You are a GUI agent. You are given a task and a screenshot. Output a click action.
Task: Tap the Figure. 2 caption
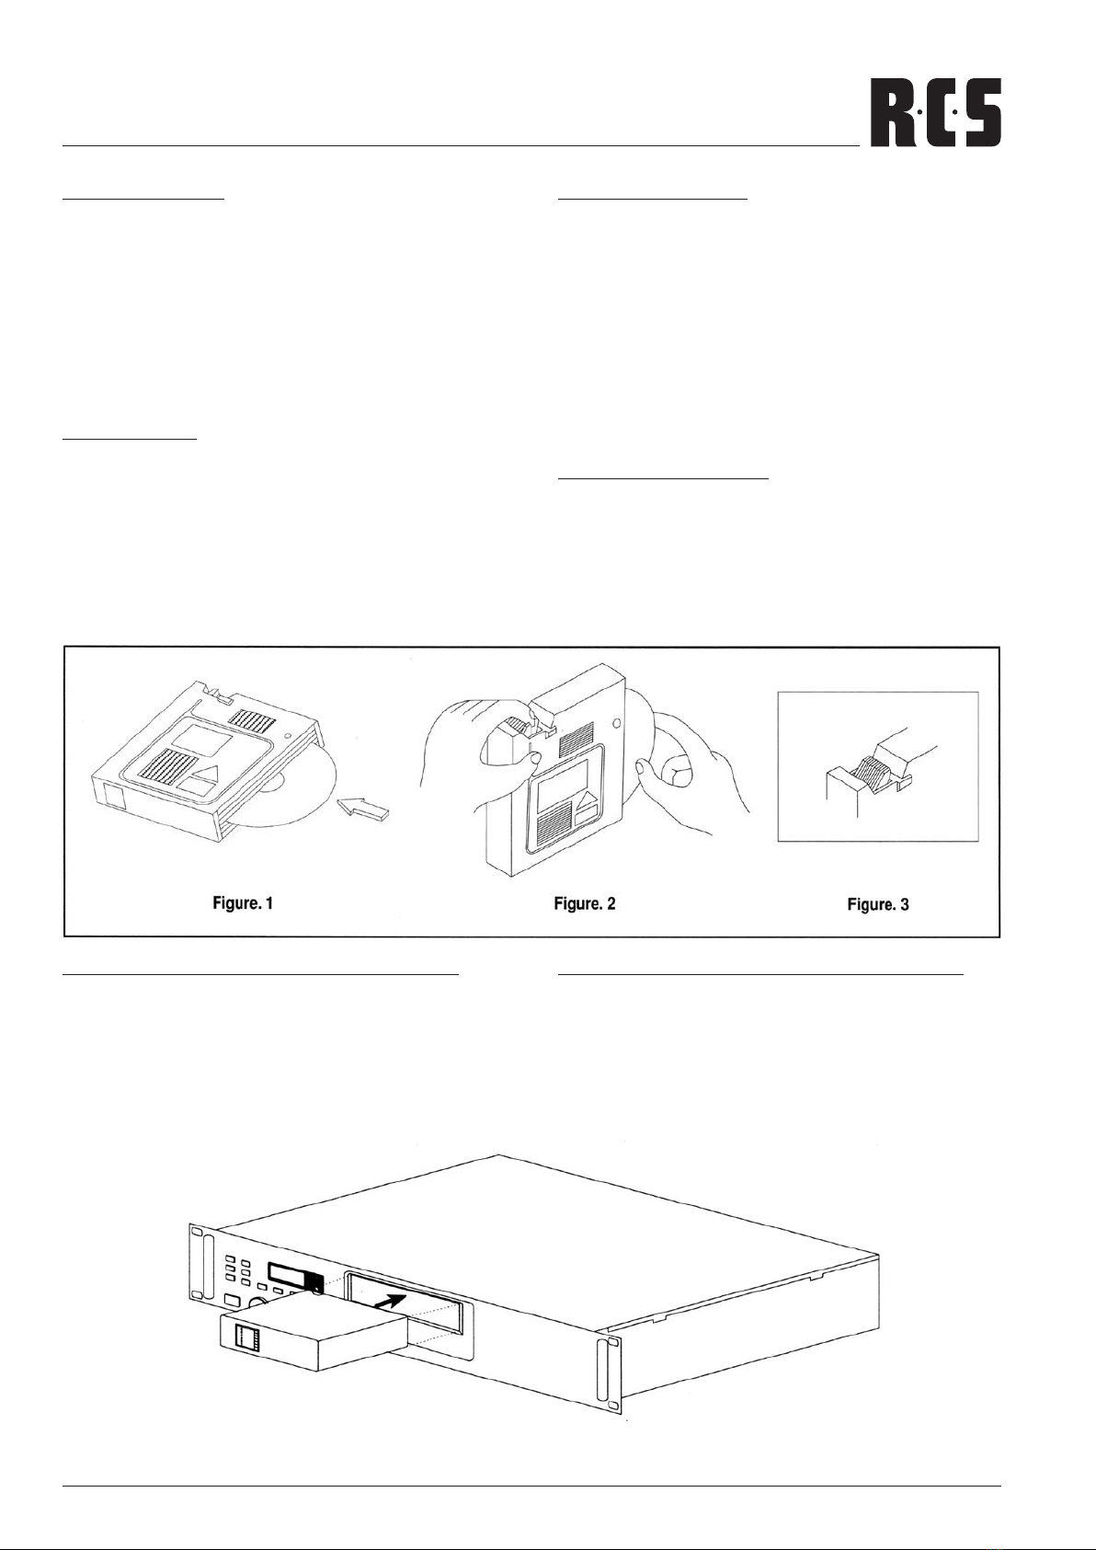click(x=585, y=903)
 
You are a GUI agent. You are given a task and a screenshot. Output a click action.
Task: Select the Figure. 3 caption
click(x=878, y=904)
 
